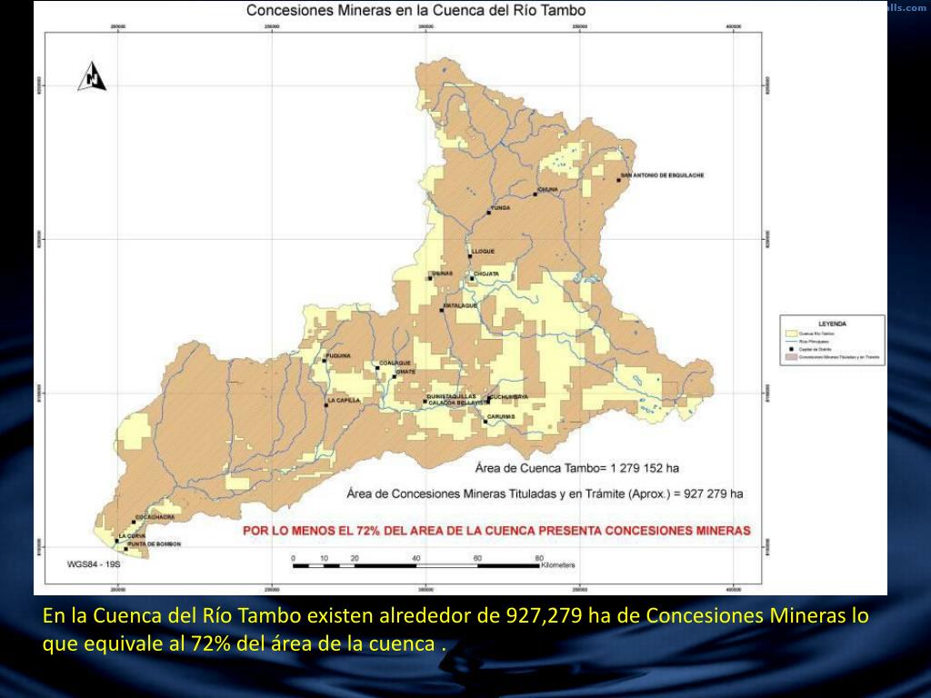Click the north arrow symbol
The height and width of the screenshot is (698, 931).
point(93,77)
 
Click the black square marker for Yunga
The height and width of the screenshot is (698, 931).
point(488,213)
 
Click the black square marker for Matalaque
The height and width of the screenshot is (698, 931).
point(442,311)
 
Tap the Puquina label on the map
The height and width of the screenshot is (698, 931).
point(338,355)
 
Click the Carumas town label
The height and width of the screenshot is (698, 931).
point(501,416)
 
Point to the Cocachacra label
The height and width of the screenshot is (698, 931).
point(155,516)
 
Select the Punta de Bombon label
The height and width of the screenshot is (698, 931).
point(155,543)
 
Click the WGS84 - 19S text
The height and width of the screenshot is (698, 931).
point(94,563)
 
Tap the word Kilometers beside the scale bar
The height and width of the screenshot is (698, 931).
point(558,565)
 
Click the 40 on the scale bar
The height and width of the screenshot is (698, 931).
point(415,557)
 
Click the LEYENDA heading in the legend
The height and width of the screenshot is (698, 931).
point(832,324)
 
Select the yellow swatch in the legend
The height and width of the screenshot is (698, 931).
point(791,334)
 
